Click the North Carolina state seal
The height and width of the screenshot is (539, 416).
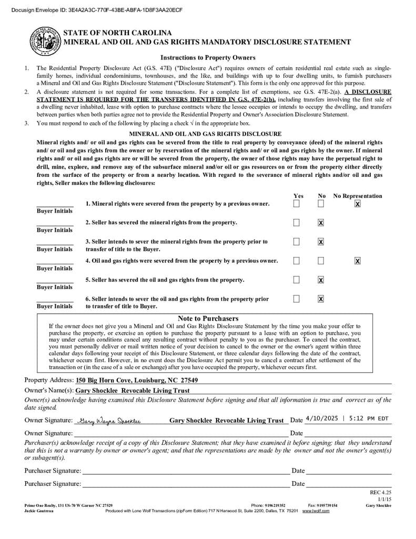44,41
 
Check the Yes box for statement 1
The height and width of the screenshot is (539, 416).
297,204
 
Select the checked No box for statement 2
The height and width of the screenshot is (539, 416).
321,223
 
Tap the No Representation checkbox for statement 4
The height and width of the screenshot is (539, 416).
358,261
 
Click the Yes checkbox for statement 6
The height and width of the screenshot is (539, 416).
297,299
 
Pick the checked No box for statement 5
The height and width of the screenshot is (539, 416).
321,280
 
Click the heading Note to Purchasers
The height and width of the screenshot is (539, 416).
208,318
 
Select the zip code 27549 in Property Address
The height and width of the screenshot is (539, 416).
189,381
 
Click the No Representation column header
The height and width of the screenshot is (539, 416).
358,196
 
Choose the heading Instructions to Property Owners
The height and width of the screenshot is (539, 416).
208,58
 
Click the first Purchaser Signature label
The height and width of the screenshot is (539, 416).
53,471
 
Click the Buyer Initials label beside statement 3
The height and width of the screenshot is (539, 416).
55,249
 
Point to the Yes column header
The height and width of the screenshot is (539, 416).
298,196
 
